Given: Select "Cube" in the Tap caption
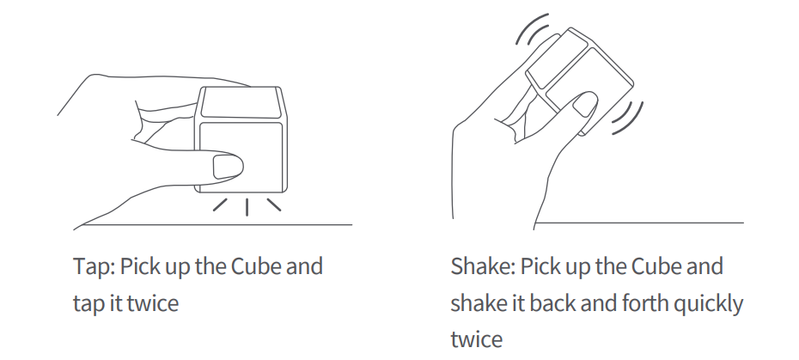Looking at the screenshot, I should click(256, 266).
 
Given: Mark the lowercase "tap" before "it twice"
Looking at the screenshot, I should click(88, 302).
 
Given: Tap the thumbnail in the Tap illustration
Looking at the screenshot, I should click(228, 166).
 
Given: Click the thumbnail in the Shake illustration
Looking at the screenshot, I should click(586, 106).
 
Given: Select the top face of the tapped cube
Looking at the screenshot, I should click(240, 102).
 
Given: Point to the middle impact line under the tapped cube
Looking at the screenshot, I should click(247, 206).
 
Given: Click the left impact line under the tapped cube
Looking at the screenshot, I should click(222, 204).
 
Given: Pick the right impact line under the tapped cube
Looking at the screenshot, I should click(272, 204).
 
